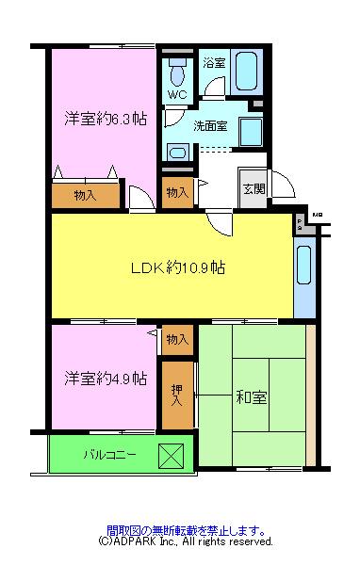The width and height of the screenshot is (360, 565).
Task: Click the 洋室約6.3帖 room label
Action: tap(105, 119)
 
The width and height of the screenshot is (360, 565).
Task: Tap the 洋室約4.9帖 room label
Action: tap(105, 379)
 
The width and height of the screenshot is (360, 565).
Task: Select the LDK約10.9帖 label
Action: tap(177, 266)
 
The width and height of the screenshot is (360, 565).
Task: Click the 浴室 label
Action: tap(214, 63)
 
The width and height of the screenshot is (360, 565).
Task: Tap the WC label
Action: tap(177, 95)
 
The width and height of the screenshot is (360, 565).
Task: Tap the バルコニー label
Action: tap(110, 455)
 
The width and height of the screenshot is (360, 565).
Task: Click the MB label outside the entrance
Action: tap(317, 216)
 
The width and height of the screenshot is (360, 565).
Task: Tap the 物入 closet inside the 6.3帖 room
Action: tap(85, 194)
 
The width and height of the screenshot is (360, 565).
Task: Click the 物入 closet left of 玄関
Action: tap(177, 192)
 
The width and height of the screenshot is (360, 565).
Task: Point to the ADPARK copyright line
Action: tap(186, 542)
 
